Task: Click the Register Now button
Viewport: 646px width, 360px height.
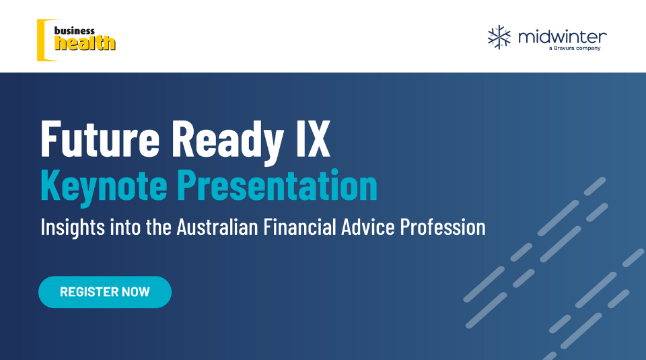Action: tap(105, 292)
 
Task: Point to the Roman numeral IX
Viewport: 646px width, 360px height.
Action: tap(314, 139)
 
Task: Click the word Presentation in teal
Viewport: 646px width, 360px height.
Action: tap(277, 184)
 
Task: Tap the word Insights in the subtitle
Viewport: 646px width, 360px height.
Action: tap(73, 227)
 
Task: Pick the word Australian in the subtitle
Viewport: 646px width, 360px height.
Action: tap(217, 227)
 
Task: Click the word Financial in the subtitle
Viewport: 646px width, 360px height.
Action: tap(300, 227)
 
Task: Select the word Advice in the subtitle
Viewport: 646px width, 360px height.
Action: tap(368, 227)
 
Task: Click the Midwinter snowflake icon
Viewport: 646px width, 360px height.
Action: tap(499, 37)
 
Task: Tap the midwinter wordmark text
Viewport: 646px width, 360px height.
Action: tap(563, 36)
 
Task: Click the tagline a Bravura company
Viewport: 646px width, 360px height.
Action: tap(575, 48)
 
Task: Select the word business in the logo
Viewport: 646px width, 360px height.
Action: tap(75, 31)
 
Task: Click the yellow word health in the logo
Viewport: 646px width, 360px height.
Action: tap(85, 43)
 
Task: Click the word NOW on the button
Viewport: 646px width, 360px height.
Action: tap(136, 292)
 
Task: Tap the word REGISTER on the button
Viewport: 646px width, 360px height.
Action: tap(89, 292)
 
